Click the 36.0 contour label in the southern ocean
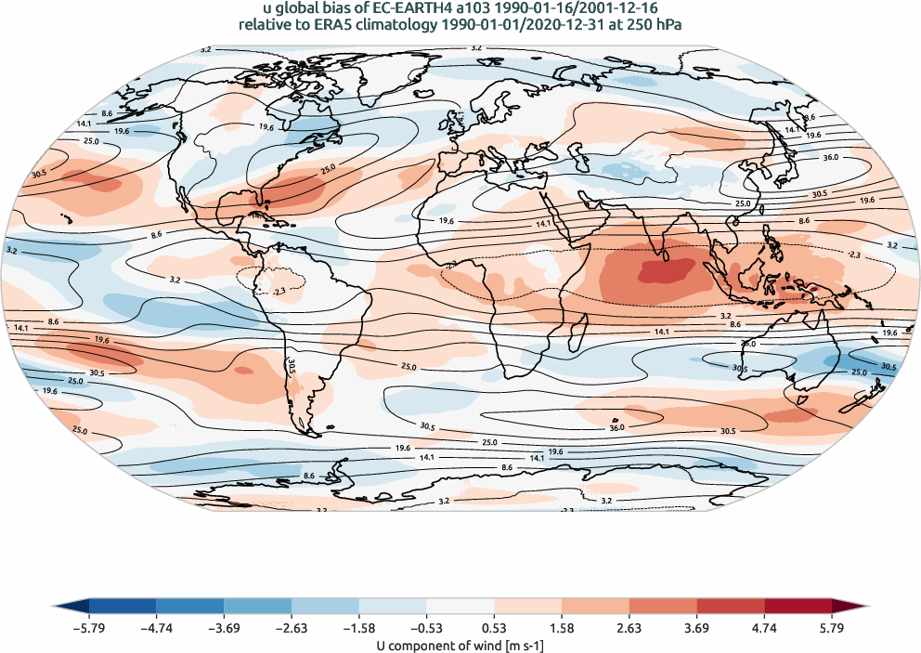point(616,426)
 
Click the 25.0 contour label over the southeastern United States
point(327,170)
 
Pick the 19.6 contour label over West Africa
point(445,221)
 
